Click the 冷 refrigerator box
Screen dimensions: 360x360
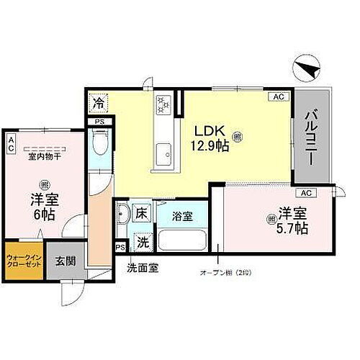(x=99, y=102)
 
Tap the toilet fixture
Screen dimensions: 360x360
(x=99, y=149)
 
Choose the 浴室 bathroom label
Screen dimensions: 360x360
(x=181, y=214)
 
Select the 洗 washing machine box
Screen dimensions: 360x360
(x=143, y=243)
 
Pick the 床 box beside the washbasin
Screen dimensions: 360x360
(x=143, y=213)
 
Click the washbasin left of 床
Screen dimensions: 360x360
(x=123, y=215)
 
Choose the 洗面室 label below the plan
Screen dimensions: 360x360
(x=143, y=268)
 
